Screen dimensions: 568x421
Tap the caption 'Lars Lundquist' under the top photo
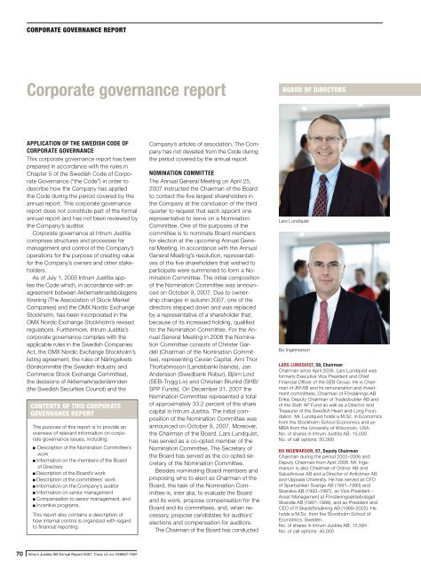(x=342, y=217)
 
